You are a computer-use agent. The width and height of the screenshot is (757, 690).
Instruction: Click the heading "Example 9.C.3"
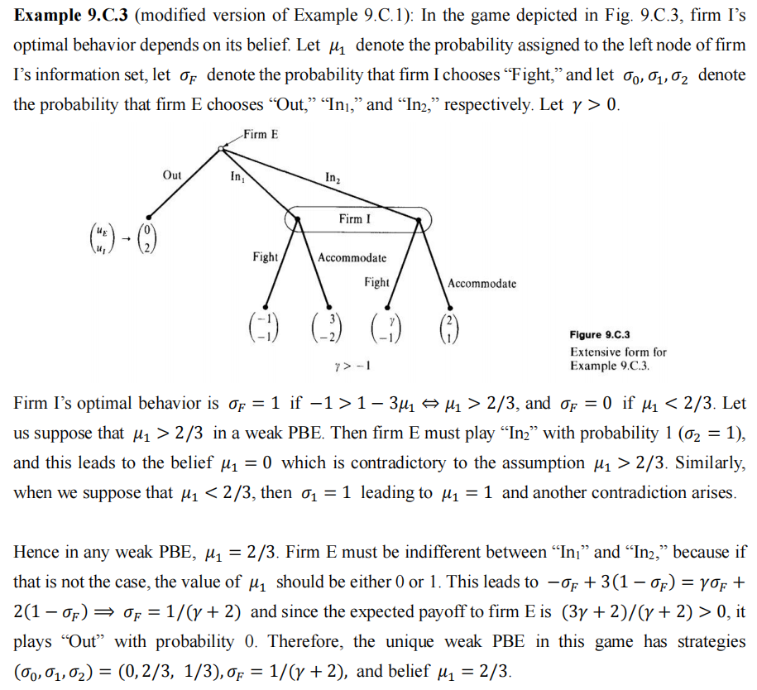coord(70,17)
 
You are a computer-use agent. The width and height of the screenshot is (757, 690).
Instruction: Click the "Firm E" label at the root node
coord(261,134)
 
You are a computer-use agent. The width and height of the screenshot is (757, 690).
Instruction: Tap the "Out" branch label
coord(172,175)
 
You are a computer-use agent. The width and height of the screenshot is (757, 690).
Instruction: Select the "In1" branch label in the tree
coord(237,176)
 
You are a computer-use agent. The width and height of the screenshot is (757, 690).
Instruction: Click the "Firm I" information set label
coord(355,219)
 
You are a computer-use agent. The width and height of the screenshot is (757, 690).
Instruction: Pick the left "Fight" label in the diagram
coord(265,257)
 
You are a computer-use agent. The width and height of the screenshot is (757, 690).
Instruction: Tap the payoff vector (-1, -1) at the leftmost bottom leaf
coord(265,326)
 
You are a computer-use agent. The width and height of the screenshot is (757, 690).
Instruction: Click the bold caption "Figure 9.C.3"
coord(600,335)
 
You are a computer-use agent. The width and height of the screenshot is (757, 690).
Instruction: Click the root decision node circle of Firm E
coord(221,149)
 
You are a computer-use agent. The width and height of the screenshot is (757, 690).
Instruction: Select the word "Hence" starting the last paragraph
coord(35,552)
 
